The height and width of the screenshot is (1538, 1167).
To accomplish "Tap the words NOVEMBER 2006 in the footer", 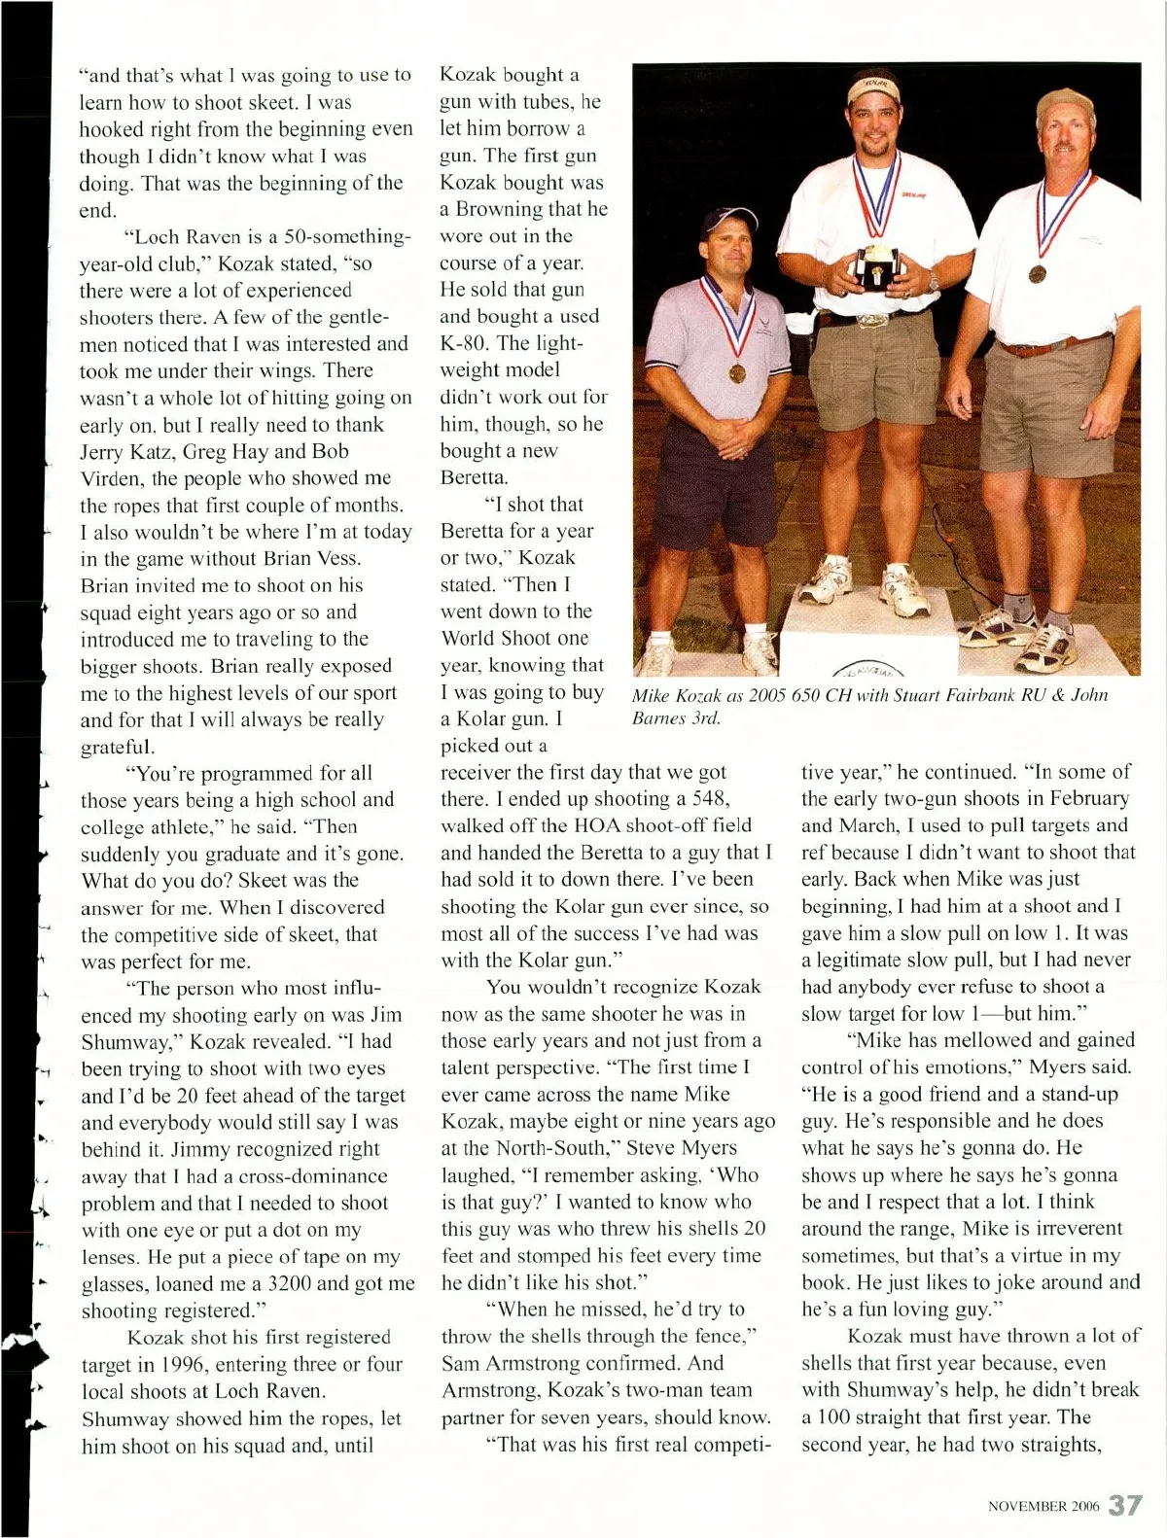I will (1043, 1507).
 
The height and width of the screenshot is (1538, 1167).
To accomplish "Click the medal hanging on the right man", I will (1036, 272).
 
